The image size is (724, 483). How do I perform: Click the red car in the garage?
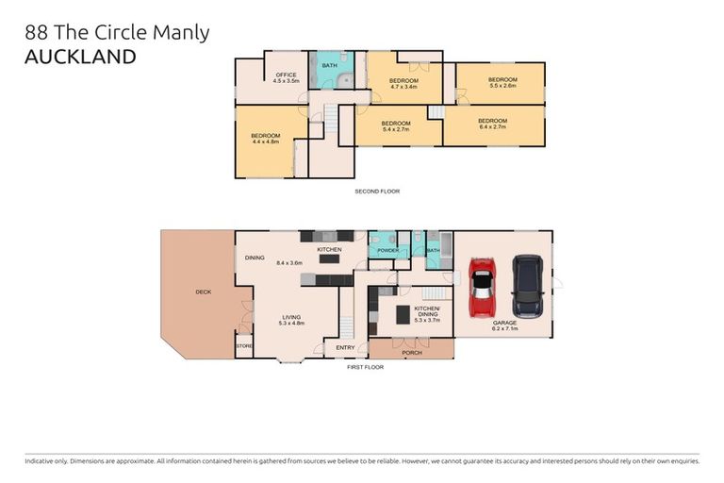point(482,287)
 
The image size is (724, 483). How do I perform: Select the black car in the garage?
point(527,286)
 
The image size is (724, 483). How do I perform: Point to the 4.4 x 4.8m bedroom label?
point(265,139)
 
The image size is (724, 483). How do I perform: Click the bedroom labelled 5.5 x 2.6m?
point(502,82)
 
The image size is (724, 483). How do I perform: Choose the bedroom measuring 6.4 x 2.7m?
point(492,124)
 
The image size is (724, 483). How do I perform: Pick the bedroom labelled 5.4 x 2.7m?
point(395,126)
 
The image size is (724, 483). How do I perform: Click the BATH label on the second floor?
point(329,66)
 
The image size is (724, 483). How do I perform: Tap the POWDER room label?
point(387,251)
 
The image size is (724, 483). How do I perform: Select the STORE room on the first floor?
point(244,347)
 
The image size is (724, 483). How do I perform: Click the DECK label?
point(203,291)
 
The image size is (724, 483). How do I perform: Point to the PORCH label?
point(412,353)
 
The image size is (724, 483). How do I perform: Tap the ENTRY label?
point(345,348)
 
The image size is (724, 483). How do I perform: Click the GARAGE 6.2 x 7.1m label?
point(504,325)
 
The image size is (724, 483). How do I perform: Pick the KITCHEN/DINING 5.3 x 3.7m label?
point(427,312)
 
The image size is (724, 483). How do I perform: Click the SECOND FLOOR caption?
point(377,192)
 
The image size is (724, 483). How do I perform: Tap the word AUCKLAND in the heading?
point(80,57)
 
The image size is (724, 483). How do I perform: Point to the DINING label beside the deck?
point(255,258)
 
